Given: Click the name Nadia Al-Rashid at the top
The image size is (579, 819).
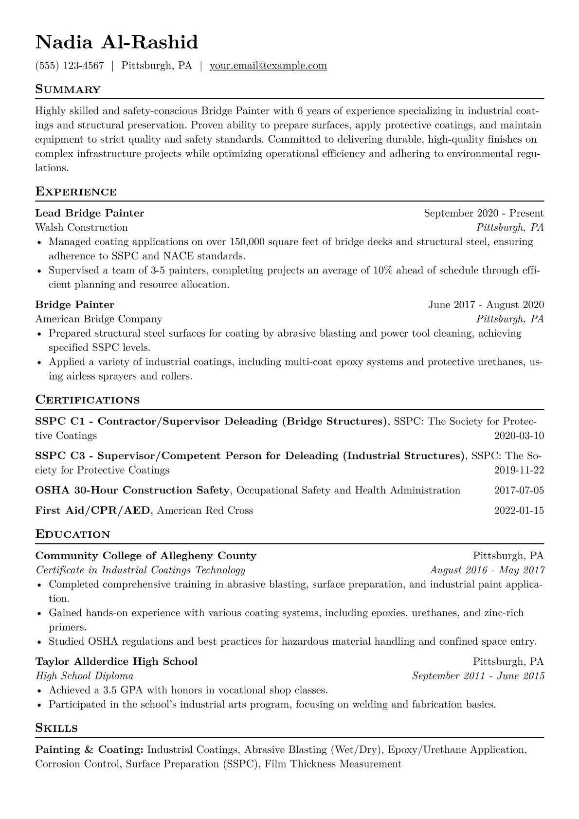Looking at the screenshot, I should pos(117,42).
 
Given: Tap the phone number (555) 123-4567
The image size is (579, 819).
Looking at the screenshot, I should pos(70,66).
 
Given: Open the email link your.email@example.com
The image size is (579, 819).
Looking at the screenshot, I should pos(268,66).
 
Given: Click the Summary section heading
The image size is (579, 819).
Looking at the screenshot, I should pos(68,90).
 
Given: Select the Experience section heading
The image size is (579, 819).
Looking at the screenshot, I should pos(76,192).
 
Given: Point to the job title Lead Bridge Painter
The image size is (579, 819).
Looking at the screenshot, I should pos(90,213).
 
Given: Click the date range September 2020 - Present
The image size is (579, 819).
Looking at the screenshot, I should pos(484,213).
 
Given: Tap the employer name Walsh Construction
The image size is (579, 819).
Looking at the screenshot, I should pos(81,227).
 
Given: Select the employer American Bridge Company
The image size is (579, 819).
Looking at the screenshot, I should pos(98,319).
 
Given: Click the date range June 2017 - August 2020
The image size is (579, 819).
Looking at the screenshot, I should pos(486,305).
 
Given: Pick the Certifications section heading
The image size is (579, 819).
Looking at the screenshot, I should pos(88,400).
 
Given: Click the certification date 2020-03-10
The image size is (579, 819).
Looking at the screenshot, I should pos(519,436).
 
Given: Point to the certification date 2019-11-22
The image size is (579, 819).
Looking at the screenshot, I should pos(519,470).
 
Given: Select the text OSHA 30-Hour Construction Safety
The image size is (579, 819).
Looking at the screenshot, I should pos(132,491).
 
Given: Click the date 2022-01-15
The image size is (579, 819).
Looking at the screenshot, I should pos(519,510).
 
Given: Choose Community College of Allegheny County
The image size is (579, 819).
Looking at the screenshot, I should pos(145,556).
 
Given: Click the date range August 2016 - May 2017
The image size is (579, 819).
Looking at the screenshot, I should pos(487,570).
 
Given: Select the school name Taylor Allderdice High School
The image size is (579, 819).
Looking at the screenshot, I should pos(116,662).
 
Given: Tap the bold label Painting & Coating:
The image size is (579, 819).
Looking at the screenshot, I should pos(89,750).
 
